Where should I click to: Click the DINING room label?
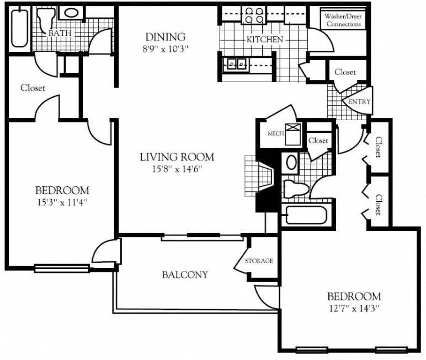coord(165,37)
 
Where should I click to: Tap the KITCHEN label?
coord(264,40)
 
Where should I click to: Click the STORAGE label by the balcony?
coord(259,261)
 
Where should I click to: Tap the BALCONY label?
coord(185,275)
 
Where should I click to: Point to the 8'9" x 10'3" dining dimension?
coord(165,49)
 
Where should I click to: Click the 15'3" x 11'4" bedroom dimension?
coord(62,202)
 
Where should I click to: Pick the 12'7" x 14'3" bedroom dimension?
coord(353,307)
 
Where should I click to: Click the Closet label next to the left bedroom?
coord(33,88)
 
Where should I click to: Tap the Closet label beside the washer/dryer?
coord(345,72)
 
